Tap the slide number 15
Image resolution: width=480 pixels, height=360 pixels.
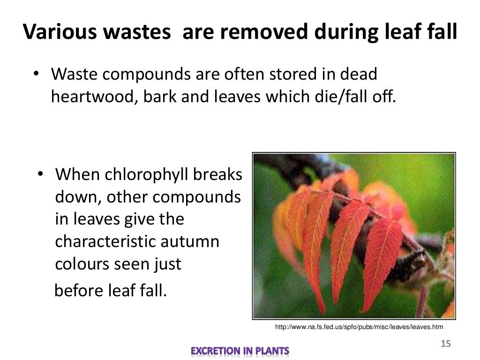coord(445,345)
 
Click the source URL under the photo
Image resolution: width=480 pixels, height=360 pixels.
coord(359,327)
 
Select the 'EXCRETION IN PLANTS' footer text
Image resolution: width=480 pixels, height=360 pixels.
coord(240,351)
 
